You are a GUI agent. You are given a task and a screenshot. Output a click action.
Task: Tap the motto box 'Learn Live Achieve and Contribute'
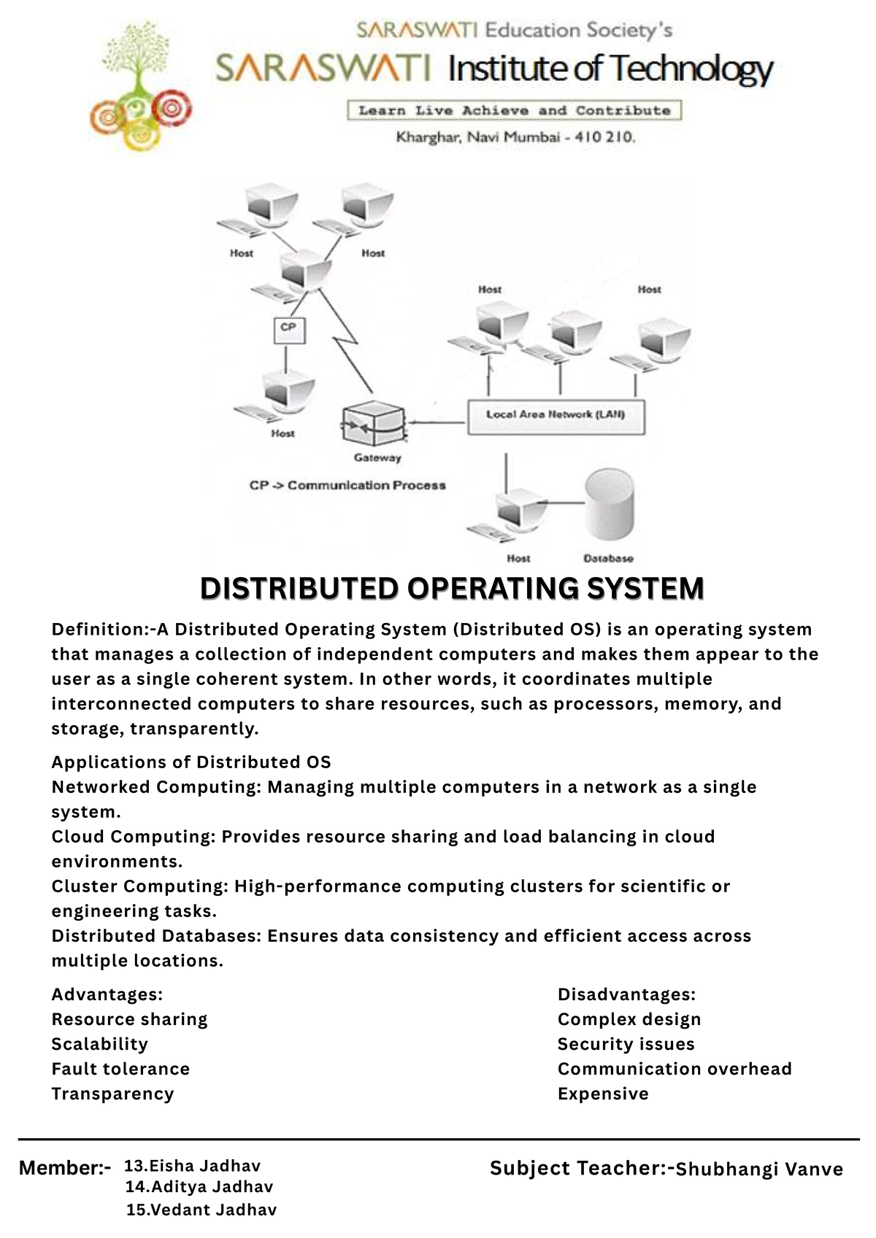[x=514, y=111]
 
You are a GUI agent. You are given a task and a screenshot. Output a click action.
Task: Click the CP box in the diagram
[x=288, y=329]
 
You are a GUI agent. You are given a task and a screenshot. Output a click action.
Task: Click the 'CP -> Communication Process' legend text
[x=347, y=485]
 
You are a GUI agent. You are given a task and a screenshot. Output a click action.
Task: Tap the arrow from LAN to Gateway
[x=437, y=422]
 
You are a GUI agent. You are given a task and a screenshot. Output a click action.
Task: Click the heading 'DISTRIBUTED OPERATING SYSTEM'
[x=452, y=588]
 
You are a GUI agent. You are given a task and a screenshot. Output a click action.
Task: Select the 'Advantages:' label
[x=107, y=994]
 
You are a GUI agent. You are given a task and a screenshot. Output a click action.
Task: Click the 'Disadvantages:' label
[x=626, y=994]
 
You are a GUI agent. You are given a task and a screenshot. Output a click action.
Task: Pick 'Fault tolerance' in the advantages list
[x=120, y=1069]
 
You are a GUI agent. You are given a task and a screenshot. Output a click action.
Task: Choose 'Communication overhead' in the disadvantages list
[x=675, y=1069]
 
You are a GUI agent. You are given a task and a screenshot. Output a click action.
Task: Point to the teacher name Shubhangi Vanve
[x=759, y=1169]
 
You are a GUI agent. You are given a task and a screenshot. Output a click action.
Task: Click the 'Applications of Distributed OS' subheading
[x=191, y=762]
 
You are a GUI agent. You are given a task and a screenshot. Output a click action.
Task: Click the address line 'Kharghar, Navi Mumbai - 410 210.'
[x=515, y=136]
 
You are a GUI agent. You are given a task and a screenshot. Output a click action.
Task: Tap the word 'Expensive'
[x=603, y=1094]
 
